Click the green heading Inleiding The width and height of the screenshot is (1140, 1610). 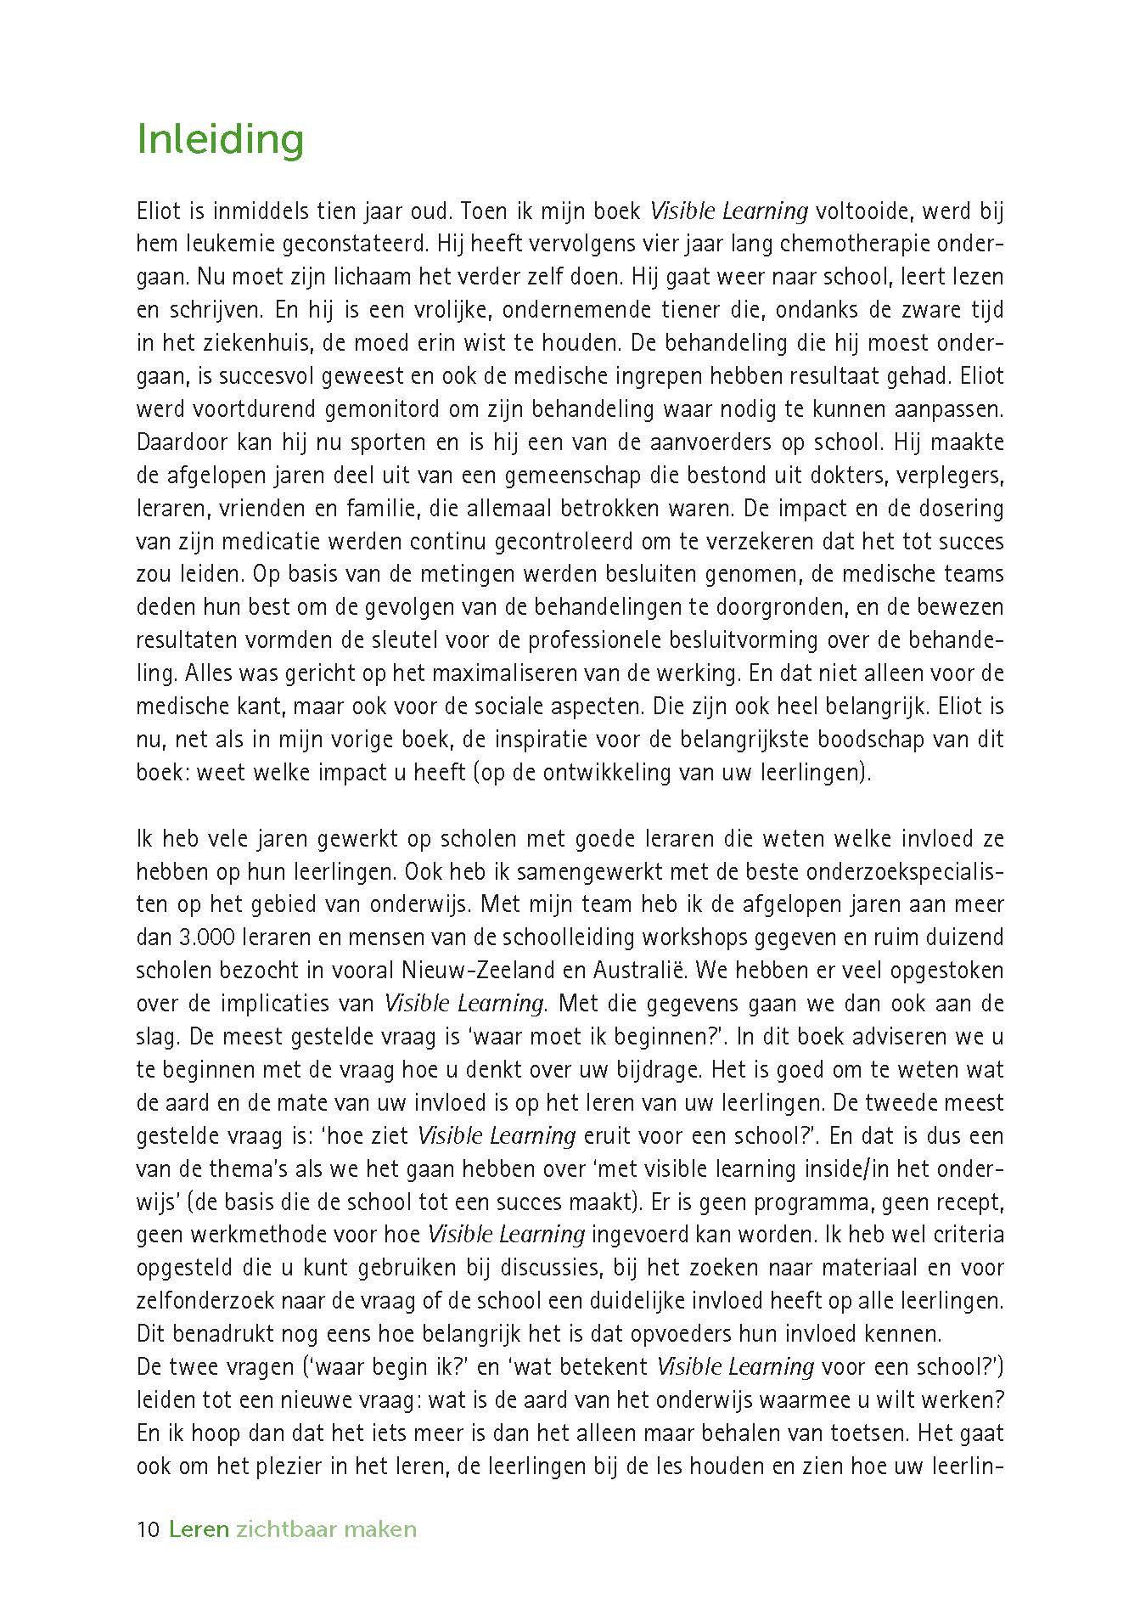pos(220,140)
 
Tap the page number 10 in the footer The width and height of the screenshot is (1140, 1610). pos(148,1529)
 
